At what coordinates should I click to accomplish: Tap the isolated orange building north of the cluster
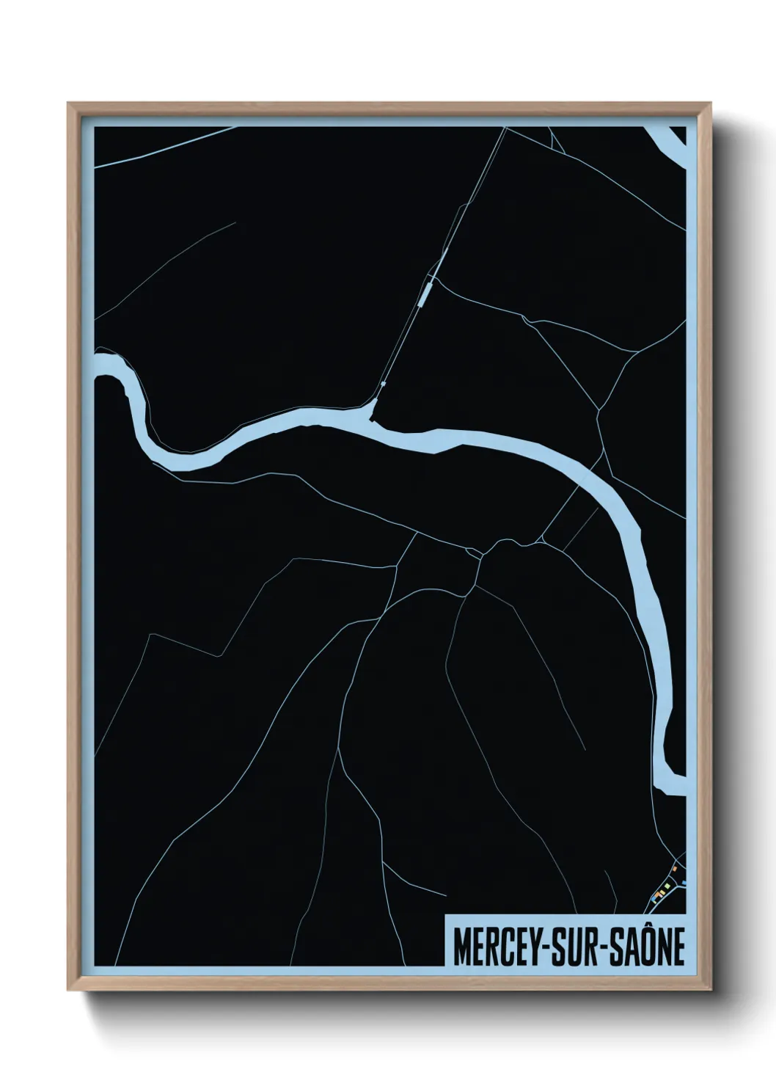point(674,869)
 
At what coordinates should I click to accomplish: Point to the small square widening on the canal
point(384,384)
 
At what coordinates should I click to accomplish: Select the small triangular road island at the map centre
point(473,551)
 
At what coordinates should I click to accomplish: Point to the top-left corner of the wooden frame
point(69,104)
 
